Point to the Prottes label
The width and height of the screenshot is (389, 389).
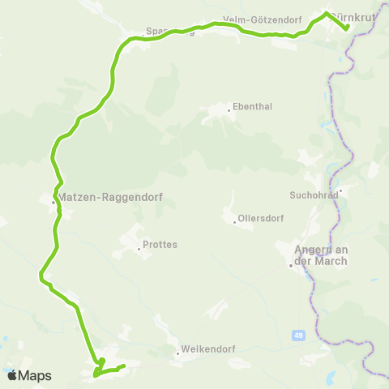160,244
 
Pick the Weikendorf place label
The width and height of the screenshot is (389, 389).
207,349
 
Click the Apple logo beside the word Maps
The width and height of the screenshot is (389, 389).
11,375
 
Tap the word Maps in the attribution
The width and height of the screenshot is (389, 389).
35,375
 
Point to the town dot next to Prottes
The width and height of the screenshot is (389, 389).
139,249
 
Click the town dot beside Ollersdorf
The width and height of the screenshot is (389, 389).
234,222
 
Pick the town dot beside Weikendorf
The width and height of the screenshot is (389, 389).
177,354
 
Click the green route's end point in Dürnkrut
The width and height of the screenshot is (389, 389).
347,28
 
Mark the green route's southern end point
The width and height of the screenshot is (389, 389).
123,367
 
